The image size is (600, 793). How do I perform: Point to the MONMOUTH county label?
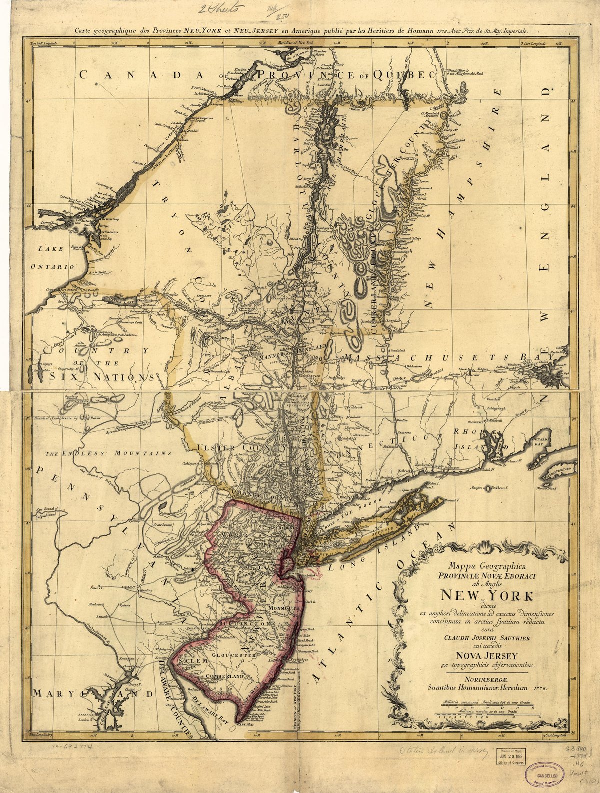[283, 608]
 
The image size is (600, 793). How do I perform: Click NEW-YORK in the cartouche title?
[486, 596]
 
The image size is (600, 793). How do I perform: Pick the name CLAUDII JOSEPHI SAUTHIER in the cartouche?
[486, 637]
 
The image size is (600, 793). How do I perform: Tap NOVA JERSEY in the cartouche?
[486, 656]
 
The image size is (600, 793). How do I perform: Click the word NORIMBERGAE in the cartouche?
[486, 679]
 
